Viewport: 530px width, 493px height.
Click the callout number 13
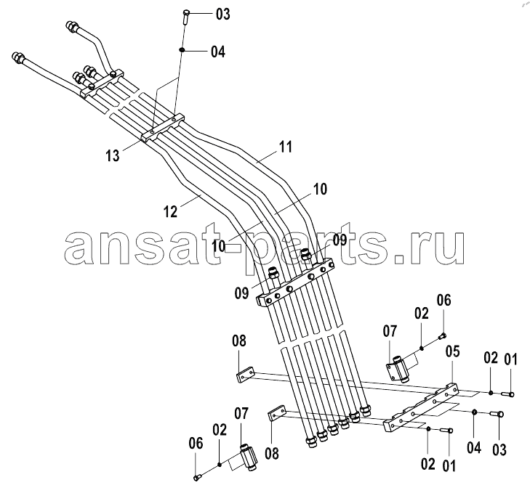click(x=113, y=155)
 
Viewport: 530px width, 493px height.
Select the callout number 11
click(x=286, y=147)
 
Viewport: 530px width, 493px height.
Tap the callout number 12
click(x=170, y=212)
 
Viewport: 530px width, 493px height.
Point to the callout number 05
click(x=453, y=351)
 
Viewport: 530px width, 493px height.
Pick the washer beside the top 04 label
click(x=182, y=50)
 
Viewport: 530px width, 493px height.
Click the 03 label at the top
click(x=222, y=15)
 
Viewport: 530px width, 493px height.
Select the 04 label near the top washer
click(x=218, y=52)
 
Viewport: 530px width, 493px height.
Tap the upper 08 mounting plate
click(x=245, y=376)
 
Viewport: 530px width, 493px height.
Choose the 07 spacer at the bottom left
click(x=249, y=458)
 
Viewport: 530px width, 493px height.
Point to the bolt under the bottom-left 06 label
click(x=197, y=477)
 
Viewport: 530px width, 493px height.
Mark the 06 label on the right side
click(x=443, y=300)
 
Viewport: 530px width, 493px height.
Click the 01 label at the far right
click(x=510, y=359)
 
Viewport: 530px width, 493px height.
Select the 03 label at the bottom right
click(x=499, y=449)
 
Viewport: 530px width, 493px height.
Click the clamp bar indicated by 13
click(x=162, y=128)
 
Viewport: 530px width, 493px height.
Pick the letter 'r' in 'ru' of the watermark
click(x=419, y=248)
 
